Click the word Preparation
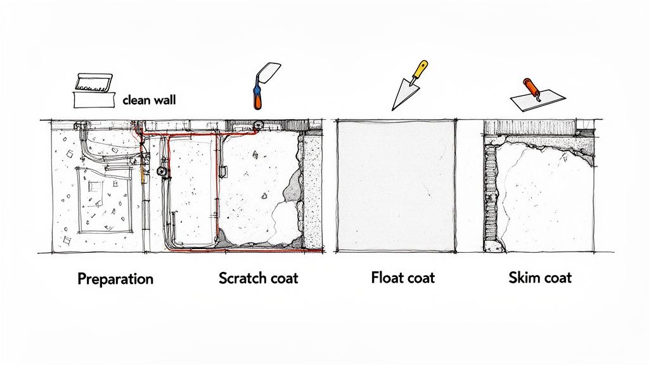coord(115,278)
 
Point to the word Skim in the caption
coord(523,278)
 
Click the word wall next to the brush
coord(162,99)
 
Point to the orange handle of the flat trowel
coord(530,87)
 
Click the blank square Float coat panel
coord(396,186)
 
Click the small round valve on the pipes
coord(162,170)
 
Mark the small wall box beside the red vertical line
coord(223,170)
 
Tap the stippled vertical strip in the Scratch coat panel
coord(311,190)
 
